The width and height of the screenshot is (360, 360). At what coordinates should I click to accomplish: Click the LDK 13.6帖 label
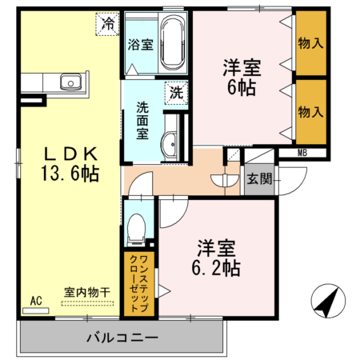(x=70, y=163)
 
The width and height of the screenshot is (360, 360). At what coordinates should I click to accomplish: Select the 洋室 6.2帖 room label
(x=214, y=257)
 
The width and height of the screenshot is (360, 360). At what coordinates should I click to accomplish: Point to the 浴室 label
(x=141, y=46)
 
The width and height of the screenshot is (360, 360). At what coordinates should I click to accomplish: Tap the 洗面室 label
(x=142, y=119)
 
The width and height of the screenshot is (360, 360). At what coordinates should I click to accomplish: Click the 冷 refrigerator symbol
(x=106, y=24)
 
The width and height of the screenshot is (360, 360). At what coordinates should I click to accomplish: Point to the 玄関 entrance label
(x=258, y=178)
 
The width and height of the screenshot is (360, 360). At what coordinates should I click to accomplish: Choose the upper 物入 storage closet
(x=310, y=42)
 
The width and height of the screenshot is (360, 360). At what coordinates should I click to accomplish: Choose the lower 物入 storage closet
(x=310, y=110)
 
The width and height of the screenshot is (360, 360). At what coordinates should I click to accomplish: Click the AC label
(x=35, y=301)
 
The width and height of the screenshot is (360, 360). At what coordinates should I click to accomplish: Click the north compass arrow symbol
(x=329, y=302)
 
